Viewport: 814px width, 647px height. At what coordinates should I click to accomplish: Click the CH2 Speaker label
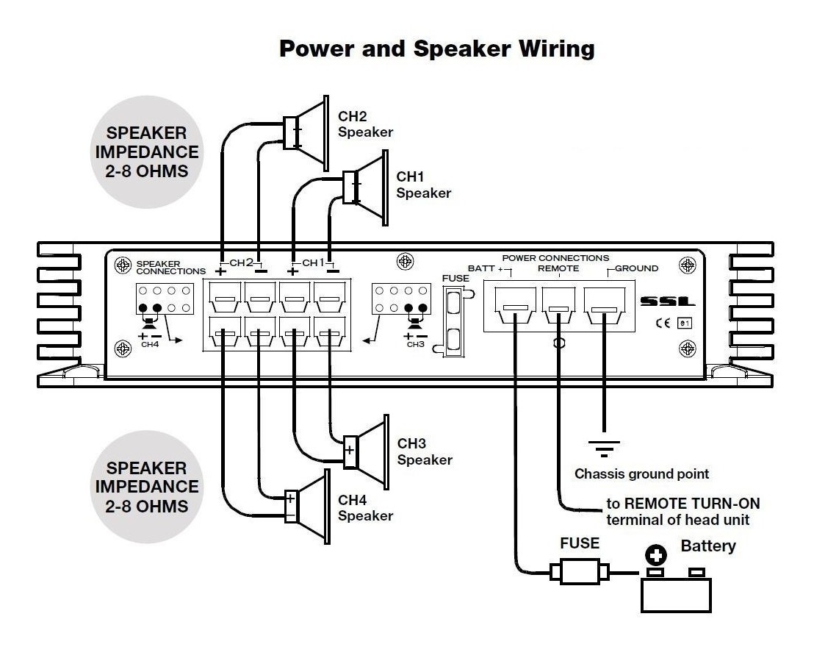point(365,124)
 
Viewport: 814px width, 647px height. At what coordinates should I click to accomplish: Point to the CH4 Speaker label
point(365,508)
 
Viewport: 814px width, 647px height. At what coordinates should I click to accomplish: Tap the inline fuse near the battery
point(580,570)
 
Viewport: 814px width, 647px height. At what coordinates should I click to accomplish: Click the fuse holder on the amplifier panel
point(453,321)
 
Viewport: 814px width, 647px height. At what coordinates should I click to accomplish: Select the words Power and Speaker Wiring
point(436,49)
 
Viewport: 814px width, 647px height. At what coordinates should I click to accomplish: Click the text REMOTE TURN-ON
point(682,504)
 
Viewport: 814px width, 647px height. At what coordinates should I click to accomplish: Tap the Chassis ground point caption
point(641,474)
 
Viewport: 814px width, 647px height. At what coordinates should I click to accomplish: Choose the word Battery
point(707,546)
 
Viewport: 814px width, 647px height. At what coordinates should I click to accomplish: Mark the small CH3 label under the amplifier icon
point(415,344)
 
